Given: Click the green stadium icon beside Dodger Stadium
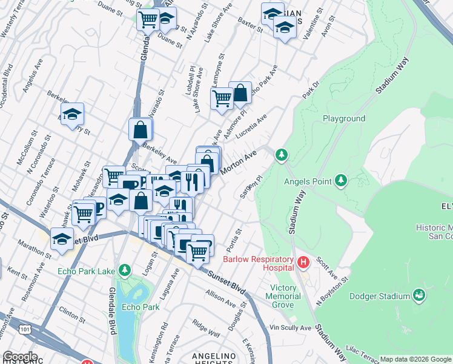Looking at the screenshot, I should [x=418, y=295].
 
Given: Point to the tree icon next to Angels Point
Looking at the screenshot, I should [x=342, y=180].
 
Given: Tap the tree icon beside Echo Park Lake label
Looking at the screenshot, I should [x=124, y=269].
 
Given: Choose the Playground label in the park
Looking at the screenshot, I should [x=343, y=119].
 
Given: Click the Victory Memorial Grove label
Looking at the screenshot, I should [x=283, y=297].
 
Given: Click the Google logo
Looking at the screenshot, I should [x=20, y=357].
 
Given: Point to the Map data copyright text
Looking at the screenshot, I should [x=415, y=359].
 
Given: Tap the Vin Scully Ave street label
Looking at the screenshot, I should [x=290, y=328].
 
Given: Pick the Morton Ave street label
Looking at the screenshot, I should [x=239, y=163].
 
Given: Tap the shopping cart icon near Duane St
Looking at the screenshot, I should [x=148, y=20].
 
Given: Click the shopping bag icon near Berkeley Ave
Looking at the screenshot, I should [x=141, y=129].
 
